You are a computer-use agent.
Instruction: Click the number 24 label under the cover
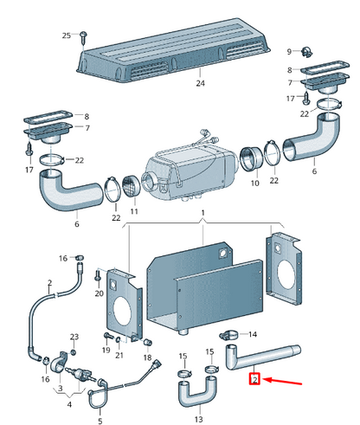point(200,84)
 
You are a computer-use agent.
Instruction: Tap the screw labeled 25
point(86,35)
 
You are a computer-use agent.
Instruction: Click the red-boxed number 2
point(254,379)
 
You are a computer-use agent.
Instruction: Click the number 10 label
point(254,184)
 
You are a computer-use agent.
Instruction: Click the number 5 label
point(100,422)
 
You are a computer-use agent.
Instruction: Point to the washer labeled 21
point(119,339)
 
